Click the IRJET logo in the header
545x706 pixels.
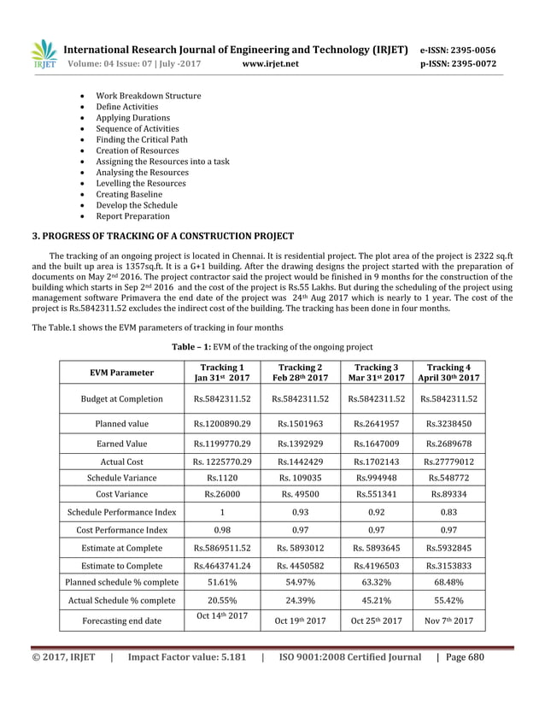(43, 54)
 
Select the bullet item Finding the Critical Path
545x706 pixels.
(141, 139)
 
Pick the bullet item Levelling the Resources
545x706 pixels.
(140, 183)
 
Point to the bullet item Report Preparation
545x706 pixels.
(132, 216)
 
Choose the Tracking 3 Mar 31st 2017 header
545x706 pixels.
(377, 373)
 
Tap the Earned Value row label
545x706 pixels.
(121, 444)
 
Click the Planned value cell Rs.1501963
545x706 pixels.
(300, 423)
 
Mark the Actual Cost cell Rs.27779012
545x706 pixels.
(449, 462)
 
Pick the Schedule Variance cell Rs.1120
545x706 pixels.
(222, 479)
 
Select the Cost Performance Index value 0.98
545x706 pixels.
(222, 530)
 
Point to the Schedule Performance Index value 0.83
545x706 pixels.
(449, 512)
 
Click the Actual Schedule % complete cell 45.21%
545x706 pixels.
(377, 600)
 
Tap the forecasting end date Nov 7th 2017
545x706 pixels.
(449, 621)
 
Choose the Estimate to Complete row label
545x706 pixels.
(121, 565)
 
